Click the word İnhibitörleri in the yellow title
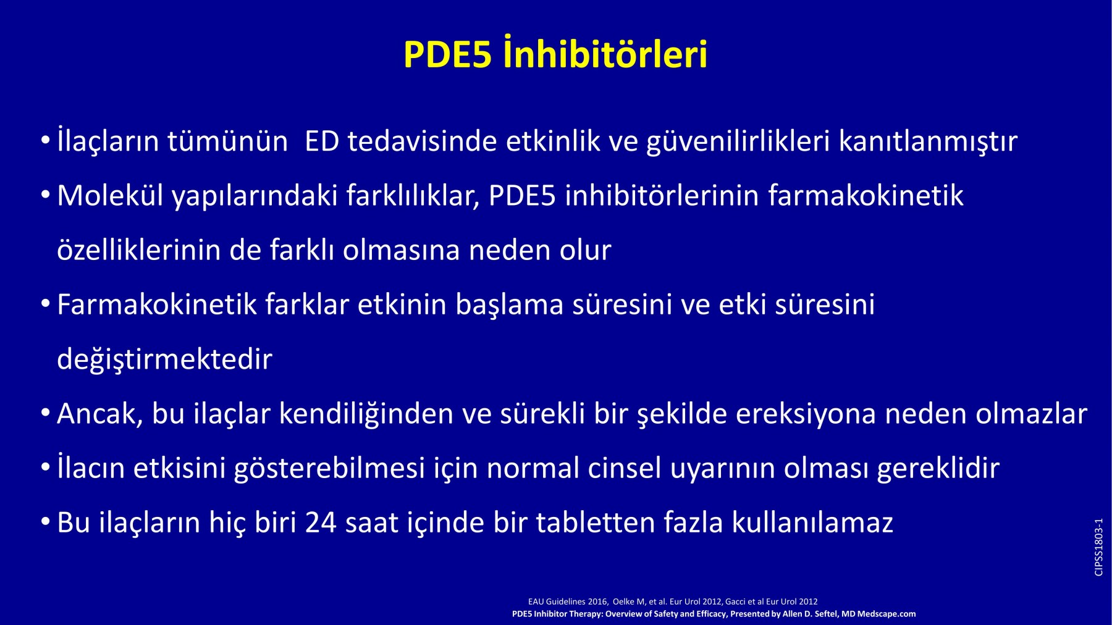click(x=605, y=53)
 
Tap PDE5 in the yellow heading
click(x=448, y=54)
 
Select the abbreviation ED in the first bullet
click(x=322, y=141)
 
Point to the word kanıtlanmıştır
click(x=928, y=141)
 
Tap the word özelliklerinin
click(x=139, y=250)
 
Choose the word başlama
click(x=510, y=305)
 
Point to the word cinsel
click(x=625, y=468)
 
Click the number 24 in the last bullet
click(x=321, y=523)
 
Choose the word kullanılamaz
click(x=812, y=523)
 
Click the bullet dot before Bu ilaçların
click(x=45, y=522)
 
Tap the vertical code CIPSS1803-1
click(x=1098, y=547)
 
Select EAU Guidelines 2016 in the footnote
click(x=568, y=602)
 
